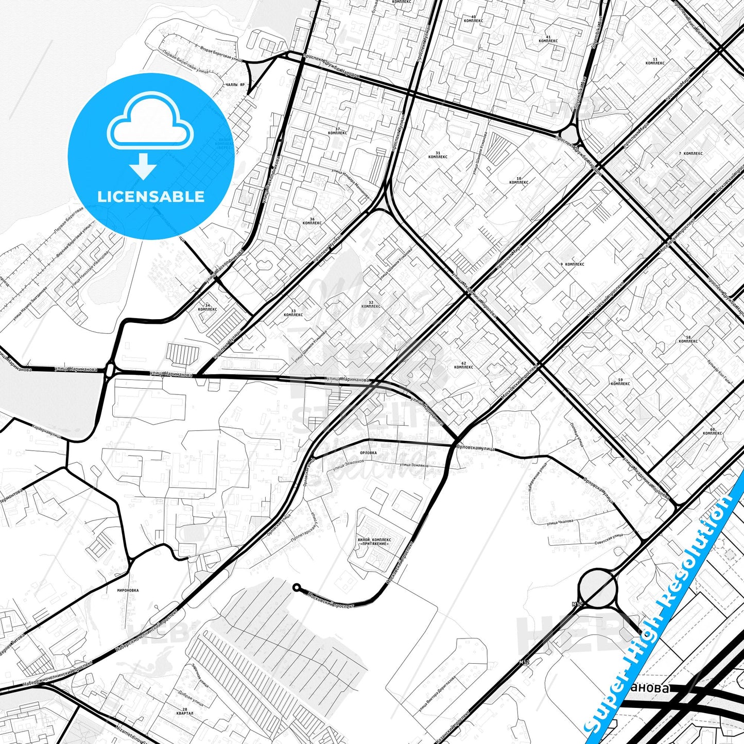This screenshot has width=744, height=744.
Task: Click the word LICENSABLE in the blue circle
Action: pos(151,197)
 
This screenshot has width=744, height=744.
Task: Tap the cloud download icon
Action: pos(150,135)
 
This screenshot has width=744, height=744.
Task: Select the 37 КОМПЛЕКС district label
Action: pos(337,131)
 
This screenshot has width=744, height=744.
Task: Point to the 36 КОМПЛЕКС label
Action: pos(312,221)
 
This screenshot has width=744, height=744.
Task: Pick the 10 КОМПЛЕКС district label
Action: pos(518,180)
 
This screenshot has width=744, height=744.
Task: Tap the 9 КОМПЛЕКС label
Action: pos(572,264)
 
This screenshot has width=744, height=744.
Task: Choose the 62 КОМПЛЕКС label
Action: pos(463,365)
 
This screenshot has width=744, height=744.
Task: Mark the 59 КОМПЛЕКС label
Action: pos(620,382)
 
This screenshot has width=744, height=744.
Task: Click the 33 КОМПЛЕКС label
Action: pos(293,313)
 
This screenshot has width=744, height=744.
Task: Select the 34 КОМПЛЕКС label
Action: pos(207,307)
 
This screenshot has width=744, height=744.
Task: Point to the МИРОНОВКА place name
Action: pos(128,591)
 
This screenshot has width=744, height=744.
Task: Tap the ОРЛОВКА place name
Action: pos(368,453)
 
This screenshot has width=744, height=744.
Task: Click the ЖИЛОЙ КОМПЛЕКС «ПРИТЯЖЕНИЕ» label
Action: pos(374,542)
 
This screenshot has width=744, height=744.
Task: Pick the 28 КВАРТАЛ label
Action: pos(184,712)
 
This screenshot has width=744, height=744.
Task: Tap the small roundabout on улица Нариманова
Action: pos(110,369)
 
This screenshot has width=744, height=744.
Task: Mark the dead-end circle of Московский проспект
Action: pos(296,587)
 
